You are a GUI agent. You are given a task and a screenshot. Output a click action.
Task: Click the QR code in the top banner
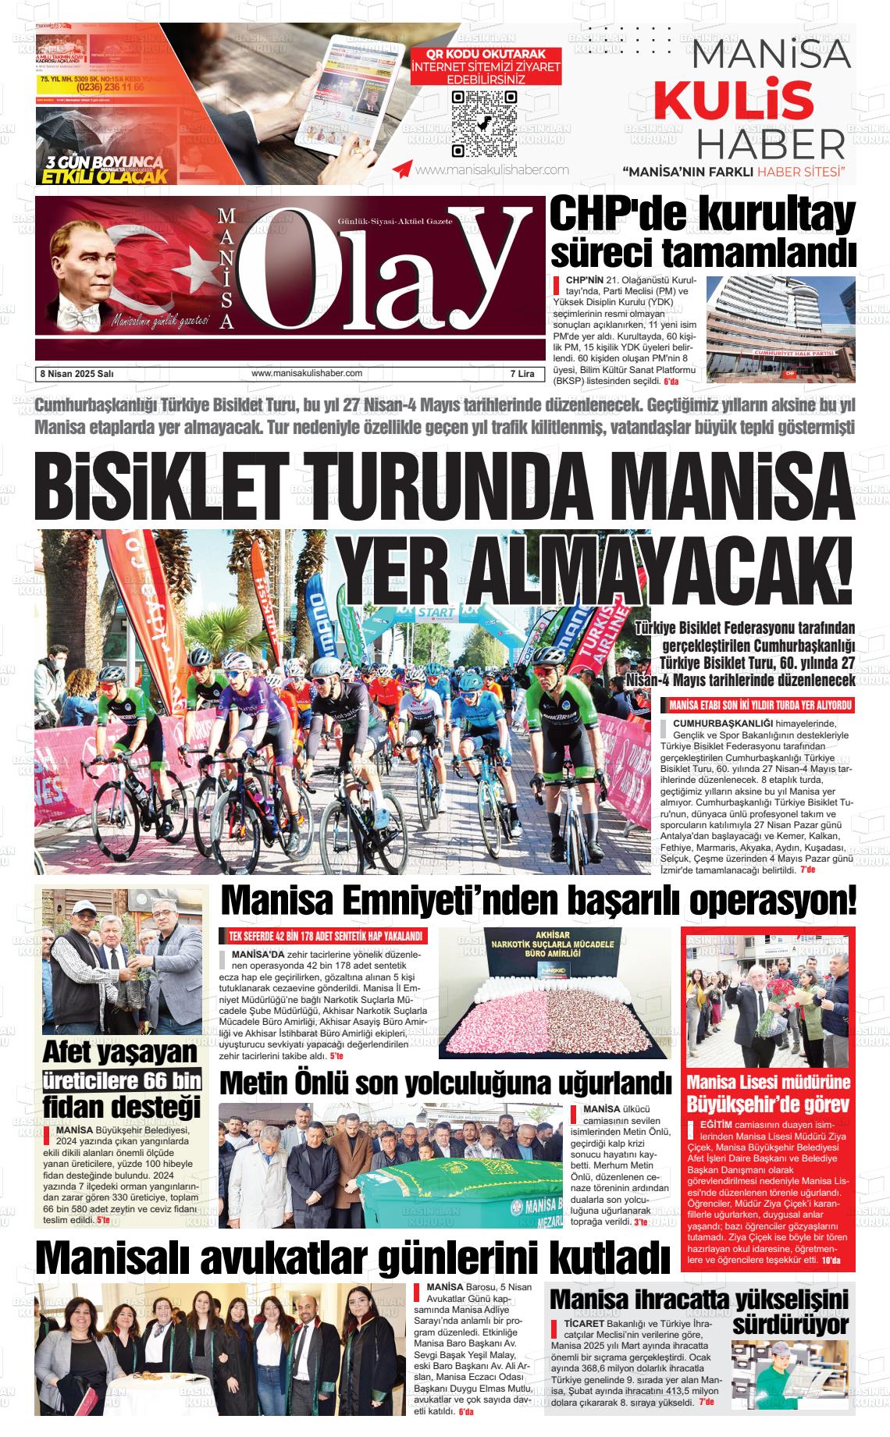tap(484, 123)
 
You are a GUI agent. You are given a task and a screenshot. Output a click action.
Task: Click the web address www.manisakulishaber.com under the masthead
tap(307, 373)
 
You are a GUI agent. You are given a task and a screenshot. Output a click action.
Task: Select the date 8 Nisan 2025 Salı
tap(77, 374)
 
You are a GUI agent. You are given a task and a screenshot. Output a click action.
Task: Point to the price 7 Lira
tap(518, 374)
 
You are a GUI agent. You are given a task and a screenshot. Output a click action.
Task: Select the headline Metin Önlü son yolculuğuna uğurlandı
tap(445, 1083)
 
